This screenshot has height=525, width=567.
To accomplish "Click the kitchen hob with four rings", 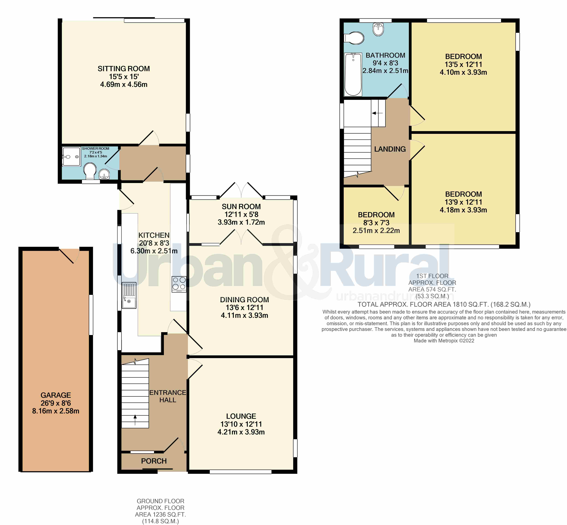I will pos(179,284).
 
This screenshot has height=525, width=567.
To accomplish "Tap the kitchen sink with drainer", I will pos(129,295).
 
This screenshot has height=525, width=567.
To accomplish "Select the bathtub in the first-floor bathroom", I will pos(353,74).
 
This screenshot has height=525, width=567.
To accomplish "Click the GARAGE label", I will pos(56,395).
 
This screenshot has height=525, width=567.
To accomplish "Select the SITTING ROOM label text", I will pos(124,69).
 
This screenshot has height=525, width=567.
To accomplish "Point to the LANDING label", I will pos(390,149).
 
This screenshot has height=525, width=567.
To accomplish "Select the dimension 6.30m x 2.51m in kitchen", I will pos(154,251).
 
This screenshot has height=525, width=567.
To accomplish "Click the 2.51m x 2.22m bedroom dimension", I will pos(376,231).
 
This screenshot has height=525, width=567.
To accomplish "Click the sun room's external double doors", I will pos(241,190).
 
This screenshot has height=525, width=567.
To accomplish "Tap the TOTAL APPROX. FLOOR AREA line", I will pos(444,305).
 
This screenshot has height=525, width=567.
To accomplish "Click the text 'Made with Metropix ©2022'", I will pos(444,341).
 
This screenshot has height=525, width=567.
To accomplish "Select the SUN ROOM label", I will pos(241,207).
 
